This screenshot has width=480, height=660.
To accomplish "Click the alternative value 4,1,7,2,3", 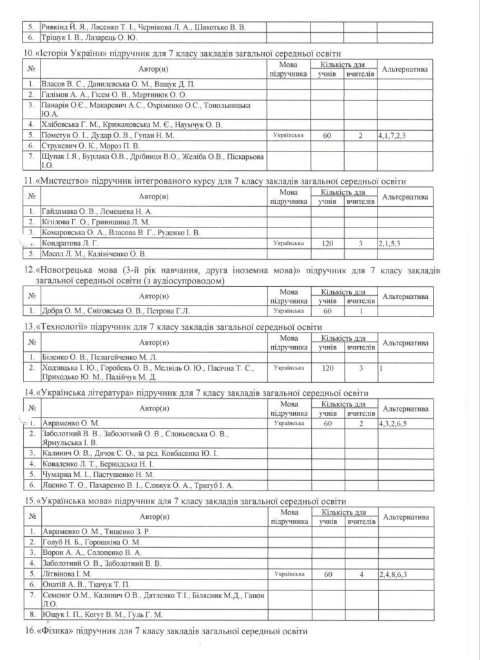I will click(x=394, y=135).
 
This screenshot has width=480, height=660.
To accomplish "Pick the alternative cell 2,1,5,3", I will click(x=390, y=243).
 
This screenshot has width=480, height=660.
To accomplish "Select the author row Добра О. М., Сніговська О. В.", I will click(x=115, y=311).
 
